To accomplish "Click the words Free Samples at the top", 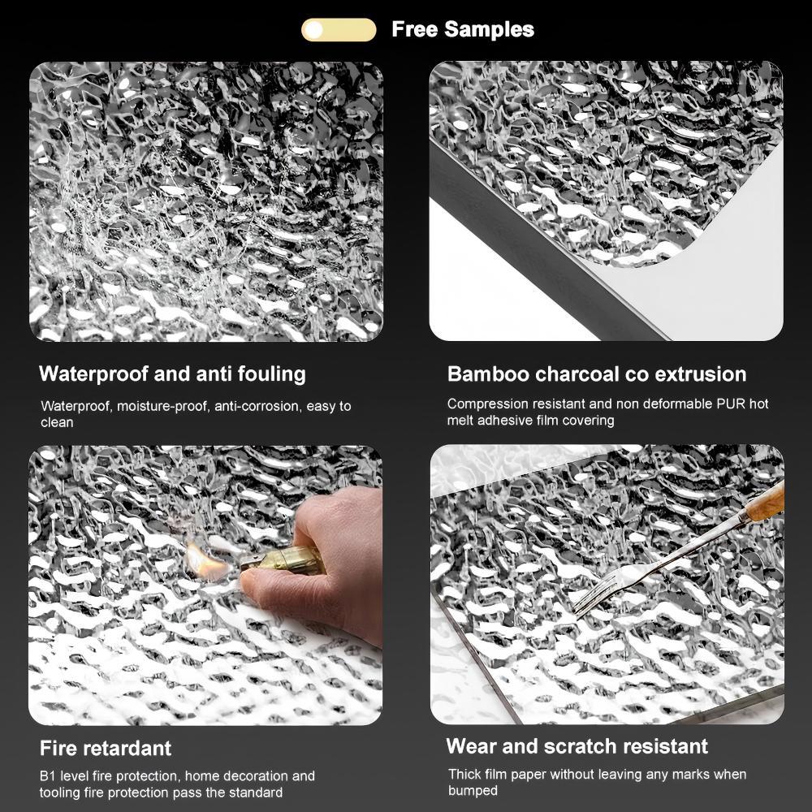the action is [x=463, y=29].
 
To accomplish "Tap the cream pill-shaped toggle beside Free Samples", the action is [x=339, y=29].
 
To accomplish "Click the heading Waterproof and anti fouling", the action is [x=172, y=374].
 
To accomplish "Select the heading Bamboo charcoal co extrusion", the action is [x=597, y=374].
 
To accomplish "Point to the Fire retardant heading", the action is [x=106, y=749].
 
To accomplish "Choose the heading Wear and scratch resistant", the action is [x=577, y=746].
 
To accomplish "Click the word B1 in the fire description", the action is [x=48, y=775].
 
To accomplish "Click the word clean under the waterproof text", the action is [x=57, y=422].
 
